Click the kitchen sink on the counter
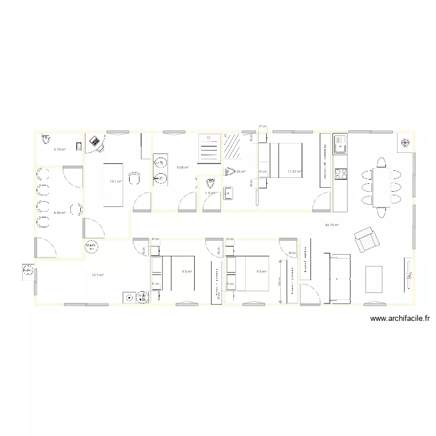coord(339,144)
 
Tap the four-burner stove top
coord(339,173)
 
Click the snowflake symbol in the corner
coord(405,143)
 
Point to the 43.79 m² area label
coord(332,224)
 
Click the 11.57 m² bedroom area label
coord(295,171)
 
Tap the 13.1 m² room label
coord(116,181)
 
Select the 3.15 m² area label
coord(59,150)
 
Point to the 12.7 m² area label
coord(97,275)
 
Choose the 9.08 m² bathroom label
coord(183,168)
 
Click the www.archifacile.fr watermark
coord(399,319)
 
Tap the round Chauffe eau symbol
coord(91,246)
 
